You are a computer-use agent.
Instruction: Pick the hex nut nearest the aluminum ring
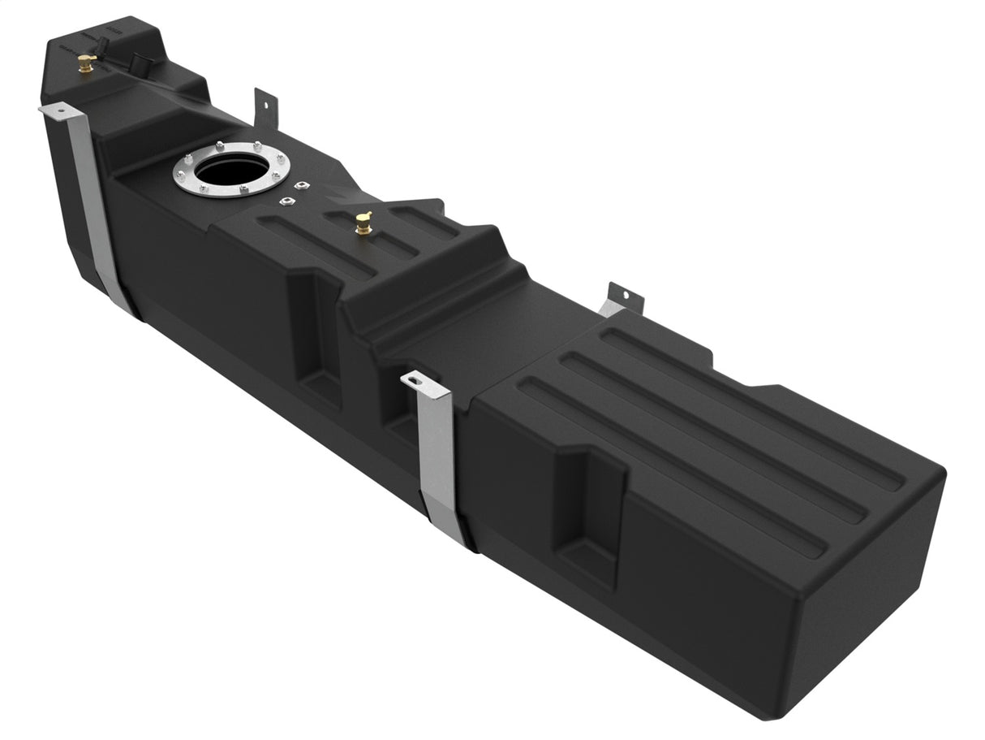(x=285, y=201)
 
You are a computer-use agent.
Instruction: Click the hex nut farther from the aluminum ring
(x=303, y=186)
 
